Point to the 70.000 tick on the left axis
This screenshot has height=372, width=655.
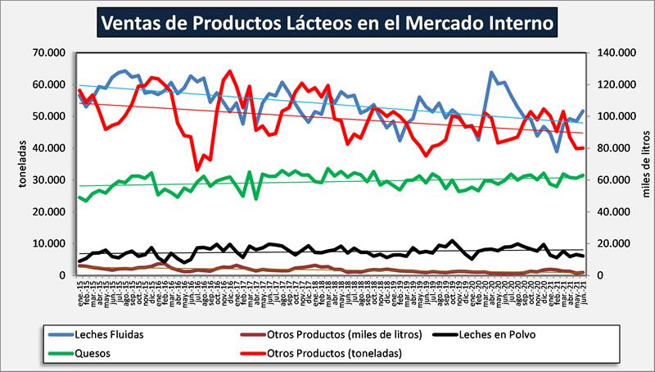point(53,52)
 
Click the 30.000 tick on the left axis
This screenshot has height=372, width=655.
point(53,180)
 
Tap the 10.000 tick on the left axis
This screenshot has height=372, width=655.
point(53,243)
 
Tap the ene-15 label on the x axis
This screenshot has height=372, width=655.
point(79,292)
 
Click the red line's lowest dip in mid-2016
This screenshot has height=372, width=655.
point(197,169)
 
